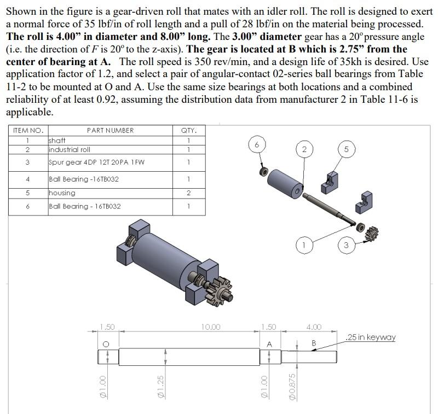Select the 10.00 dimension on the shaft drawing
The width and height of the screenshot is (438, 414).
tap(211, 327)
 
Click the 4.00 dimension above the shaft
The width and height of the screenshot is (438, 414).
tap(314, 327)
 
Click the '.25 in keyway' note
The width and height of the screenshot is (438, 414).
tap(371, 337)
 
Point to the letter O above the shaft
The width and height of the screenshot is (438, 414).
tap(106, 343)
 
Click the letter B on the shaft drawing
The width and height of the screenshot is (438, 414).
tap(314, 343)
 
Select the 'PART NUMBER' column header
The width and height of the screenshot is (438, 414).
tap(110, 130)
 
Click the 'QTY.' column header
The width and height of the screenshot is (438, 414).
tap(188, 130)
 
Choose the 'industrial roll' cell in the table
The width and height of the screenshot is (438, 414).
tap(70, 149)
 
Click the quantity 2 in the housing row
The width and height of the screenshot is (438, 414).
tap(188, 193)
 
